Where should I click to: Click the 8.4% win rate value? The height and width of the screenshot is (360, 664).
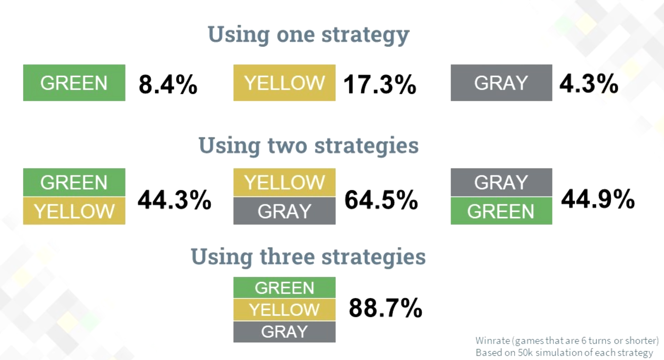tap(168, 84)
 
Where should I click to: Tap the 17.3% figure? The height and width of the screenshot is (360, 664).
tap(379, 84)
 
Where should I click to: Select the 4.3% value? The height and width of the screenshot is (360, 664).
tap(589, 84)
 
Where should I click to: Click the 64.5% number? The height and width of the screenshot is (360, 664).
tap(381, 200)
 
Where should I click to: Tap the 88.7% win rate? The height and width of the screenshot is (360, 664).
tap(385, 307)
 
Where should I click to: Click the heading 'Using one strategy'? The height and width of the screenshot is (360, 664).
tap(308, 35)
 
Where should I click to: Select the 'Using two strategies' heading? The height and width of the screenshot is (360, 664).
tap(309, 145)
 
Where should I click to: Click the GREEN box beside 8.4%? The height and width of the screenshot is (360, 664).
tap(74, 83)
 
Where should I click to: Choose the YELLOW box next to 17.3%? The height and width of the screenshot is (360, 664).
tap(284, 83)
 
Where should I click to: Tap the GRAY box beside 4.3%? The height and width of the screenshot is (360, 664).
tap(501, 83)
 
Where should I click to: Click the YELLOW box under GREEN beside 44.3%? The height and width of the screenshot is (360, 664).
tap(74, 211)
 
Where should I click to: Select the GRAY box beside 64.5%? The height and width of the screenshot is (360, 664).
tap(284, 211)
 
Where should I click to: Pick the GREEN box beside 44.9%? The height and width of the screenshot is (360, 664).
tap(501, 211)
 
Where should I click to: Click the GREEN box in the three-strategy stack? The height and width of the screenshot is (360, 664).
tap(284, 287)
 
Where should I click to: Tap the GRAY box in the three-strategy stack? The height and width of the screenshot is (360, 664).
tap(284, 332)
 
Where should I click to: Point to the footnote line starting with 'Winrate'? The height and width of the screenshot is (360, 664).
tap(567, 341)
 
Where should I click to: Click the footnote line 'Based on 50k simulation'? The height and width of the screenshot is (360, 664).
tap(564, 353)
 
